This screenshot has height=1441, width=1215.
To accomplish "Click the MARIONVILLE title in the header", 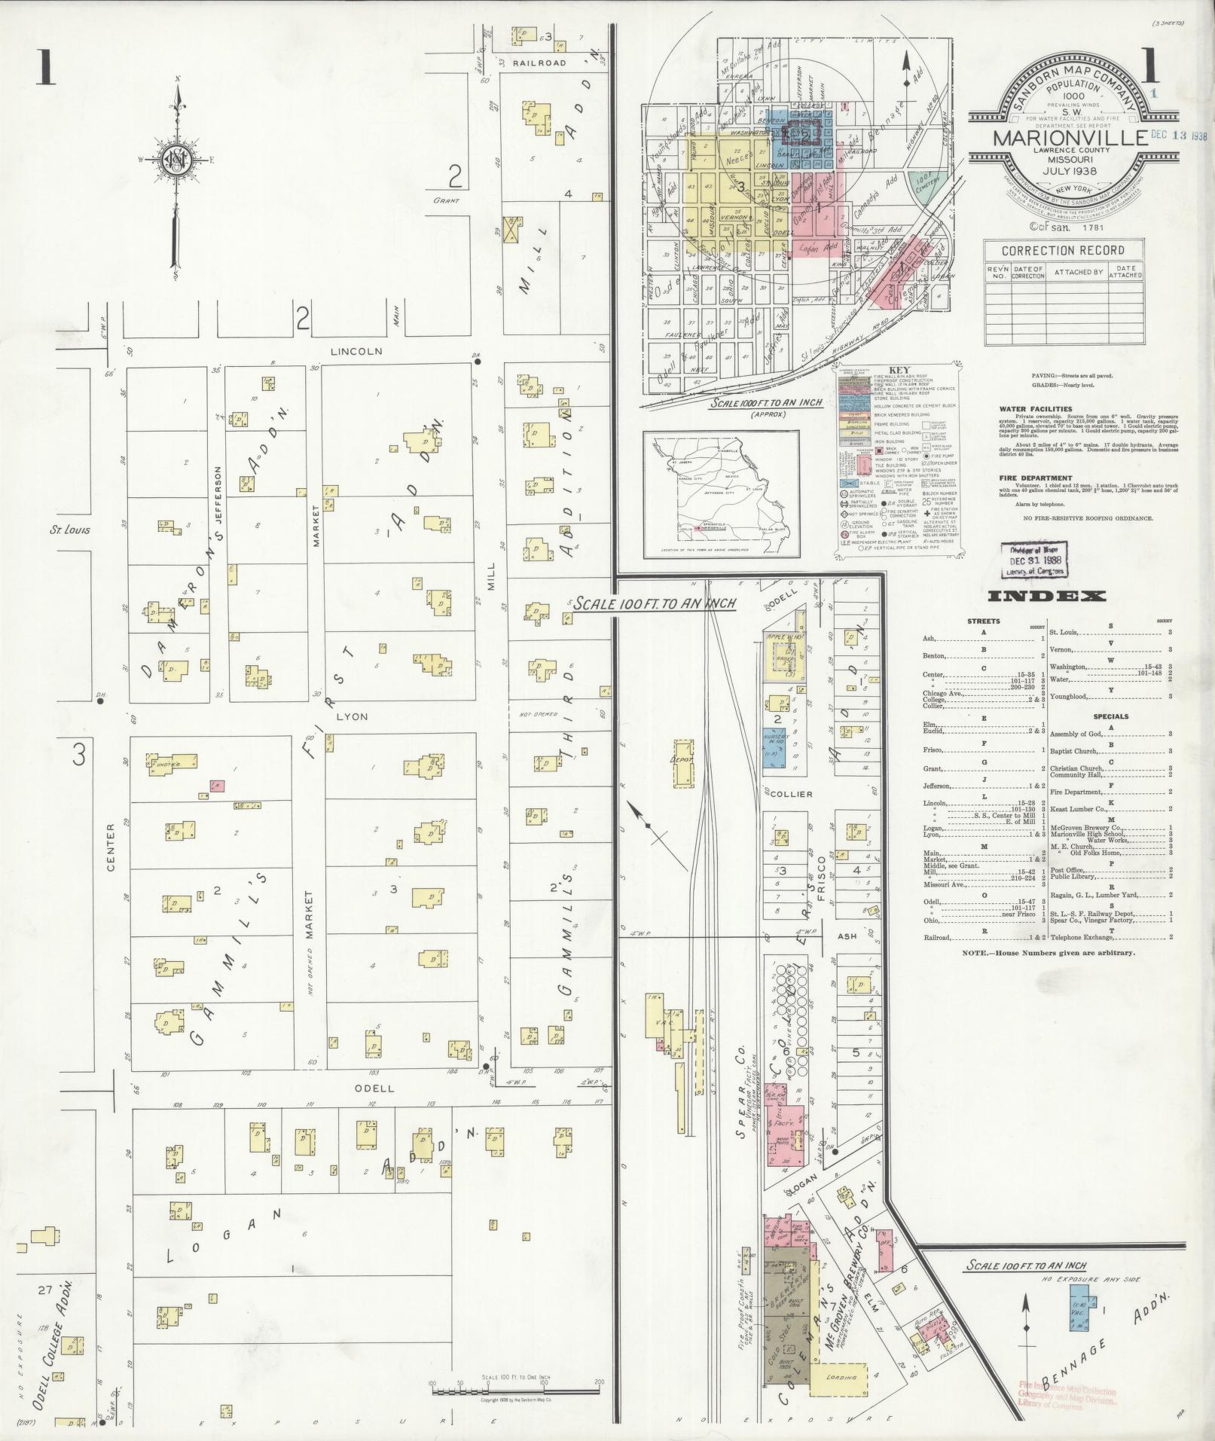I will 1064,140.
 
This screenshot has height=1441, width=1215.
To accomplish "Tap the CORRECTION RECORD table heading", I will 1062,250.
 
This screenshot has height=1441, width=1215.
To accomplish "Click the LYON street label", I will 352,716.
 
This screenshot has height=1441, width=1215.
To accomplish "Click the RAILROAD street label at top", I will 539,63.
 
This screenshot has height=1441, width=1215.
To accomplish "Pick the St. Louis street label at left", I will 70,530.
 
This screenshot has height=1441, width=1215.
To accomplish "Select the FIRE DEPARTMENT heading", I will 1035,478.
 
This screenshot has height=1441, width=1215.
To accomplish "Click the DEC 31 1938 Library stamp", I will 1034,560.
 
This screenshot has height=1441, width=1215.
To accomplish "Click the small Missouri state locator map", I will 720,494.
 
